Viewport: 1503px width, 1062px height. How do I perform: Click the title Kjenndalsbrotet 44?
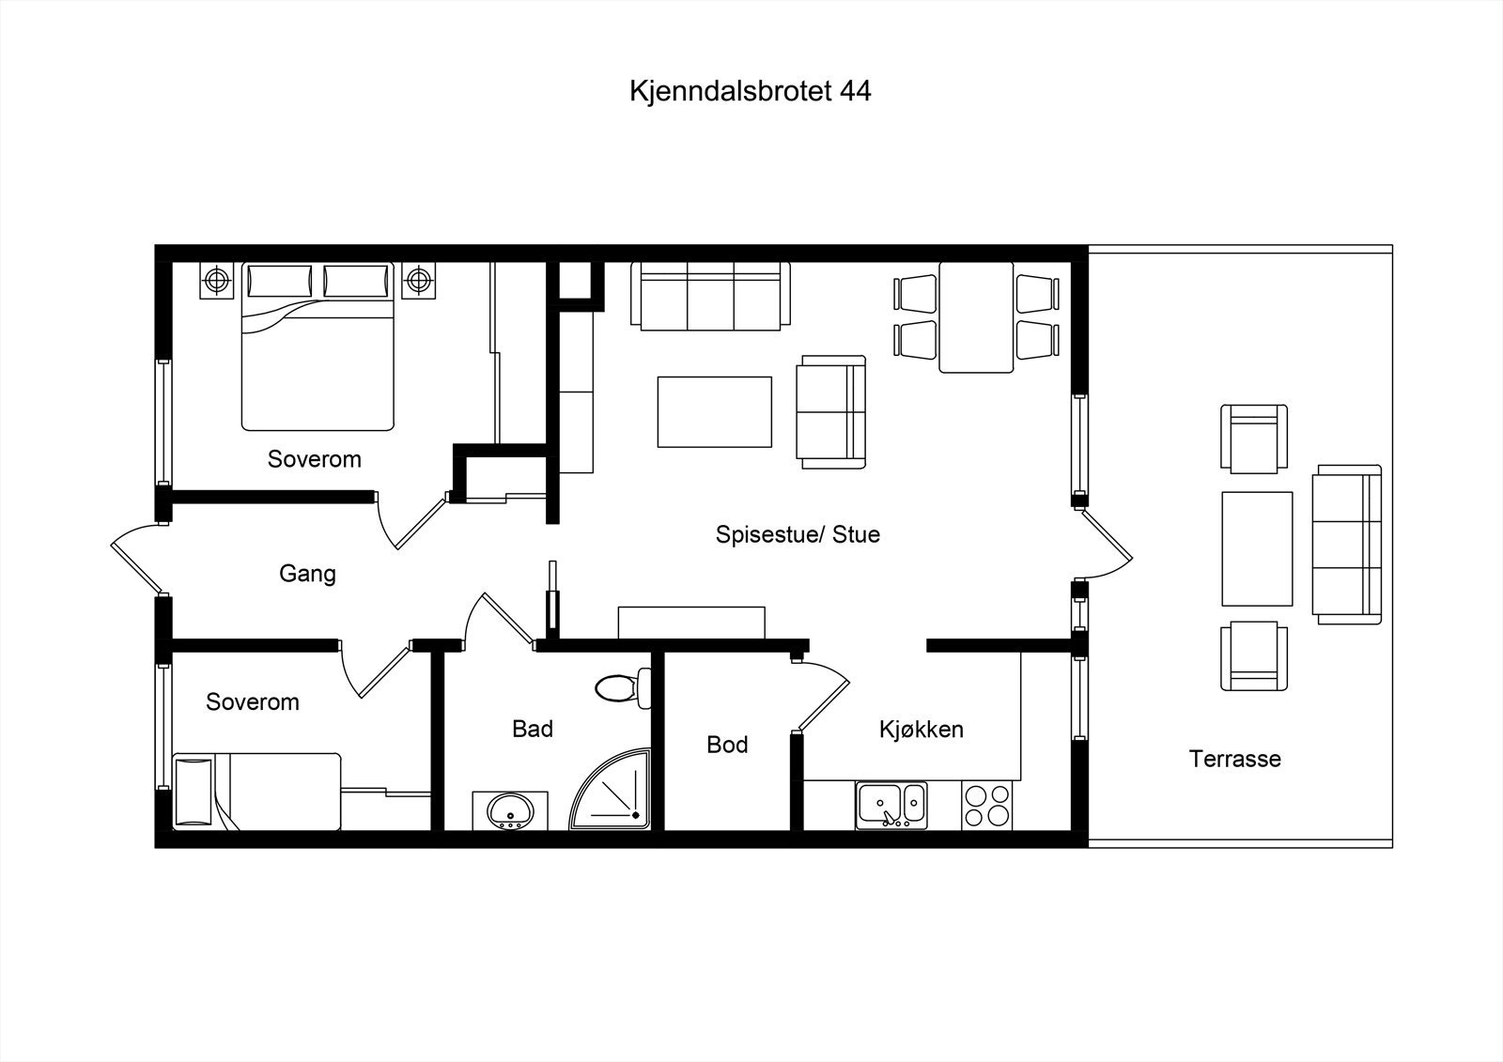pos(750,91)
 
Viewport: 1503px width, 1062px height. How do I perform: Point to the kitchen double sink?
pos(891,806)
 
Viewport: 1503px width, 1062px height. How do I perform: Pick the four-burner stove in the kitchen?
pos(986,806)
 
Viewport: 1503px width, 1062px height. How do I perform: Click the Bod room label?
pos(727,745)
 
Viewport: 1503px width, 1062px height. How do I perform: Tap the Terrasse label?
pos(1234,759)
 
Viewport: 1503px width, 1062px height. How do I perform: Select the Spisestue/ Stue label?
pos(798,534)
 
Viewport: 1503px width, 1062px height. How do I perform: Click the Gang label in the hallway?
pos(307,573)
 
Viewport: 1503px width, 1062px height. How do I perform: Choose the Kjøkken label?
pos(921,729)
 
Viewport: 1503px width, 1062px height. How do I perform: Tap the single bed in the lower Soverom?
pos(258,791)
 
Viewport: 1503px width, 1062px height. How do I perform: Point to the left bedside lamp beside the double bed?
pos(218,279)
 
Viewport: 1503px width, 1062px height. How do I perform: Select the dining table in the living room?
pos(976,317)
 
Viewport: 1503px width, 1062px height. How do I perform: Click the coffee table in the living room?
pos(714,411)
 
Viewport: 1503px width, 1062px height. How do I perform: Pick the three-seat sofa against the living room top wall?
pos(710,297)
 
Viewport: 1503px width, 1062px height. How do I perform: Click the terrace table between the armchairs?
pos(1257,547)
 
